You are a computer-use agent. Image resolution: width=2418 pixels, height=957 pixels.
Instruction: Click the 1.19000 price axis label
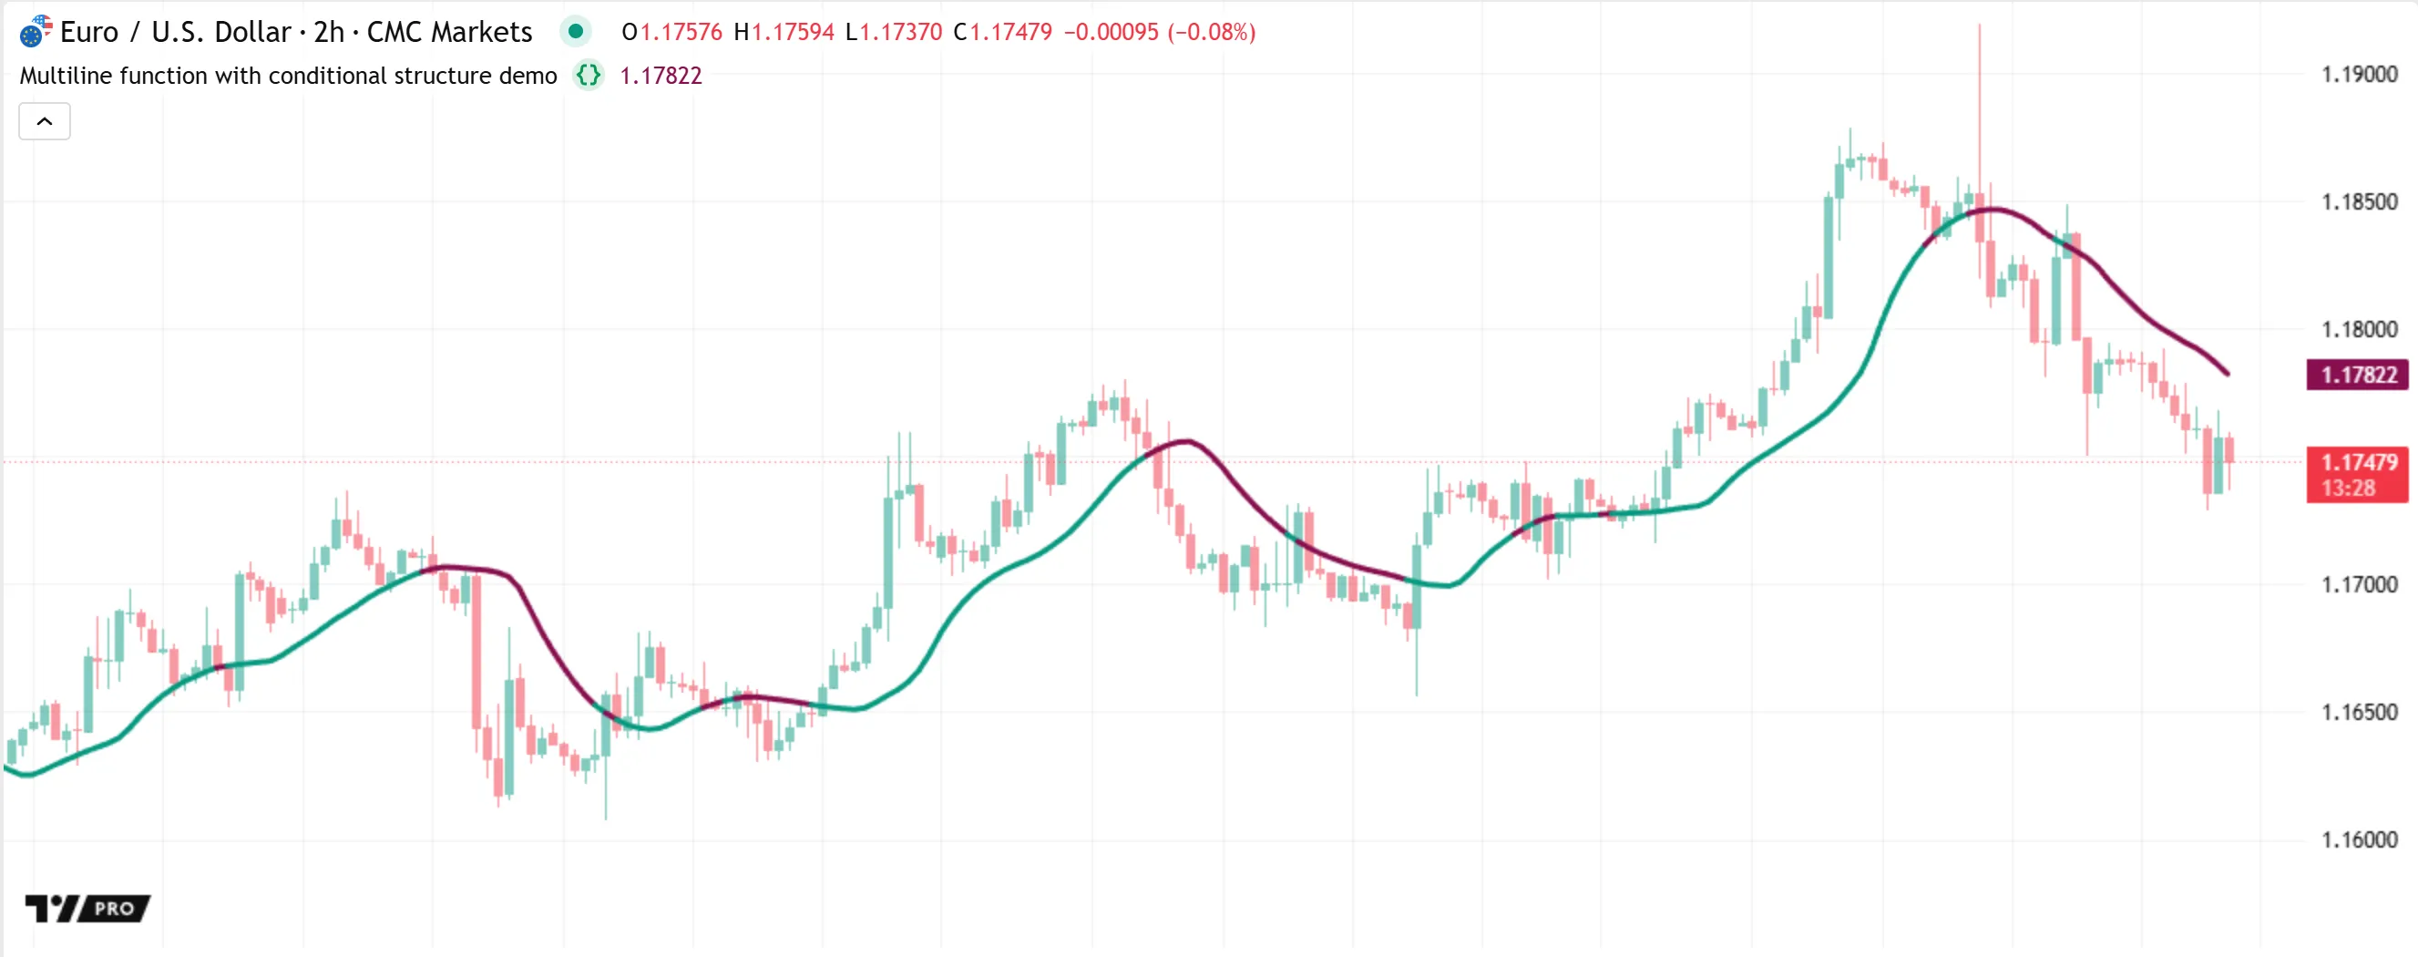(2359, 74)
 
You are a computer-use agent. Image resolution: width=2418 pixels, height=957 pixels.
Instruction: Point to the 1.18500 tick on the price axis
(2359, 202)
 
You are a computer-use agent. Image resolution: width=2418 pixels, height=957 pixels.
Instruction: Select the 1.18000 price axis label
(2359, 330)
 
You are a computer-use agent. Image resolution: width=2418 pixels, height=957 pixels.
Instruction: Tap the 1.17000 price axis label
(2359, 584)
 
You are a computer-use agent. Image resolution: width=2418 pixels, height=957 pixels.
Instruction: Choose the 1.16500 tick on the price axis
(2359, 712)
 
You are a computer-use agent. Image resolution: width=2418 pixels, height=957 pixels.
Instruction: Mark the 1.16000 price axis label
(2359, 839)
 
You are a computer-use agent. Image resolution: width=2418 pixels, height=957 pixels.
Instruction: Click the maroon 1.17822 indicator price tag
(2358, 375)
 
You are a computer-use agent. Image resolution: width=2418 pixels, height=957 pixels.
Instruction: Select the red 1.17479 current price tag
(2358, 462)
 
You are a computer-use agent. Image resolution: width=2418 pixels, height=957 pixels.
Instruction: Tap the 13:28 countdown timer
(2349, 489)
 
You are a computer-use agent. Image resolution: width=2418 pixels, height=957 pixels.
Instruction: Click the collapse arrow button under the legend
(44, 121)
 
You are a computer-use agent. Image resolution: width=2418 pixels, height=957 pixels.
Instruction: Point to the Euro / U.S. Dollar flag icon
(35, 32)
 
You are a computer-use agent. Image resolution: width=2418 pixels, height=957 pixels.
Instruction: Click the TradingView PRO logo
(87, 908)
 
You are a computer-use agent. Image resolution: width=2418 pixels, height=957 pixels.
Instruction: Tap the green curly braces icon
(589, 75)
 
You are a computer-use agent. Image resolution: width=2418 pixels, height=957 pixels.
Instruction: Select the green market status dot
(576, 32)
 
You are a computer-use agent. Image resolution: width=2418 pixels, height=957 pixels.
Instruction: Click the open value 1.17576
(681, 32)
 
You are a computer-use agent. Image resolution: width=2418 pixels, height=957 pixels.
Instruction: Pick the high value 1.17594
(794, 32)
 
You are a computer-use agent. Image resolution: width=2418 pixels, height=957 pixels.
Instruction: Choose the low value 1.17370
(901, 32)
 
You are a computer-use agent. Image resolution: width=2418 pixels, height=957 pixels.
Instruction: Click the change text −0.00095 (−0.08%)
(1159, 32)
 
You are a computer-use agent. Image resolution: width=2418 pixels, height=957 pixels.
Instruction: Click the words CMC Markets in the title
(450, 32)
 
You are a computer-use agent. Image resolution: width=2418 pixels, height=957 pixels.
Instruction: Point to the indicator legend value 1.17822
(661, 75)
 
